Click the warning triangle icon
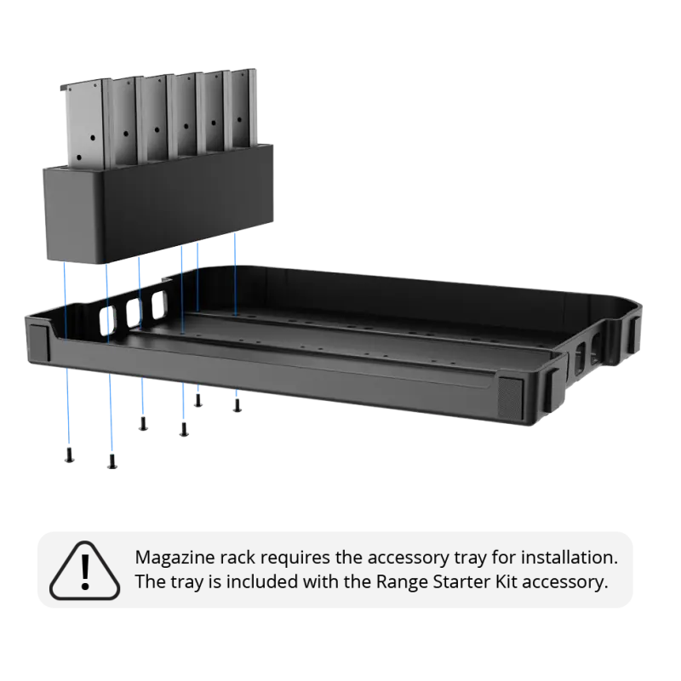[84, 570]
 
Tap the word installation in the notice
[569, 558]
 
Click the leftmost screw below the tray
[69, 455]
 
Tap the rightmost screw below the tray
[237, 405]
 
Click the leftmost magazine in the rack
[84, 123]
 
